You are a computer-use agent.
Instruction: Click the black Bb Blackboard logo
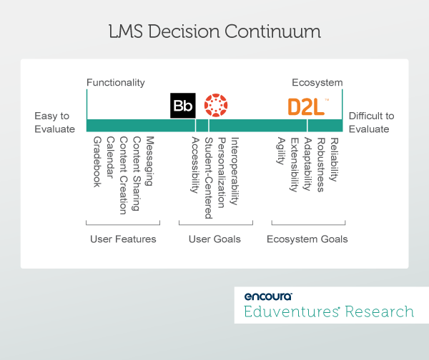click(183, 106)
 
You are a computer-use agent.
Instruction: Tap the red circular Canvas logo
click(216, 105)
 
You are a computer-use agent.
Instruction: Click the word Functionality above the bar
click(116, 83)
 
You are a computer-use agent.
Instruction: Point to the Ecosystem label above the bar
click(317, 83)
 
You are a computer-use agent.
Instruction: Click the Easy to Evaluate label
click(55, 122)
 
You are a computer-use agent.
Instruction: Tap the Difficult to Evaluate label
click(371, 122)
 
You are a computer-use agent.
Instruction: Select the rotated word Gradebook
click(97, 162)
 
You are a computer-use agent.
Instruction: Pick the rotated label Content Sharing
click(137, 174)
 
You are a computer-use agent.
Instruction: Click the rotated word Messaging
click(149, 161)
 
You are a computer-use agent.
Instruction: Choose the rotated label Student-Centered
click(209, 178)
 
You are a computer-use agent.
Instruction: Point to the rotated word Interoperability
click(235, 171)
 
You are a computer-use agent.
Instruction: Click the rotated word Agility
click(281, 151)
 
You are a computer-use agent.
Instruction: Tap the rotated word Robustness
click(320, 165)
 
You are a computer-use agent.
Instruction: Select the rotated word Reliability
click(334, 159)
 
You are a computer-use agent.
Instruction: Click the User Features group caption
click(123, 239)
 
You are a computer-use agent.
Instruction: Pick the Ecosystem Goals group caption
click(307, 239)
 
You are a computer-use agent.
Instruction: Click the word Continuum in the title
click(272, 31)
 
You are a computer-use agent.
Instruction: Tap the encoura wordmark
click(268, 296)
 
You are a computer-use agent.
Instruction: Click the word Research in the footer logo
click(380, 311)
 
